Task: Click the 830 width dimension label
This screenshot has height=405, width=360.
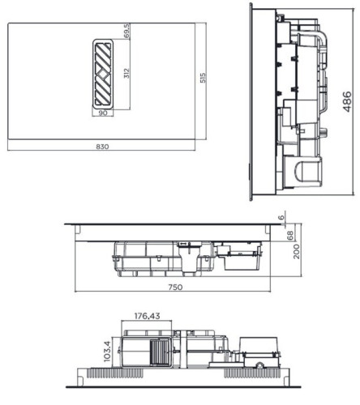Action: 103,146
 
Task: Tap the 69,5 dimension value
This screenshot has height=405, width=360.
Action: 126,32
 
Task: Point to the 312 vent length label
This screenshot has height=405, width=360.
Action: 126,74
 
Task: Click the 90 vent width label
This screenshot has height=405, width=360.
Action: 103,113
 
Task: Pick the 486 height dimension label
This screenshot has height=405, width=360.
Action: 346,101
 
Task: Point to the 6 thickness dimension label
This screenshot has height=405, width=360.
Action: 283,219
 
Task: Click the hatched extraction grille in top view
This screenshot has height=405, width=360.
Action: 103,73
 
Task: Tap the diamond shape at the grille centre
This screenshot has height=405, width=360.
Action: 103,73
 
